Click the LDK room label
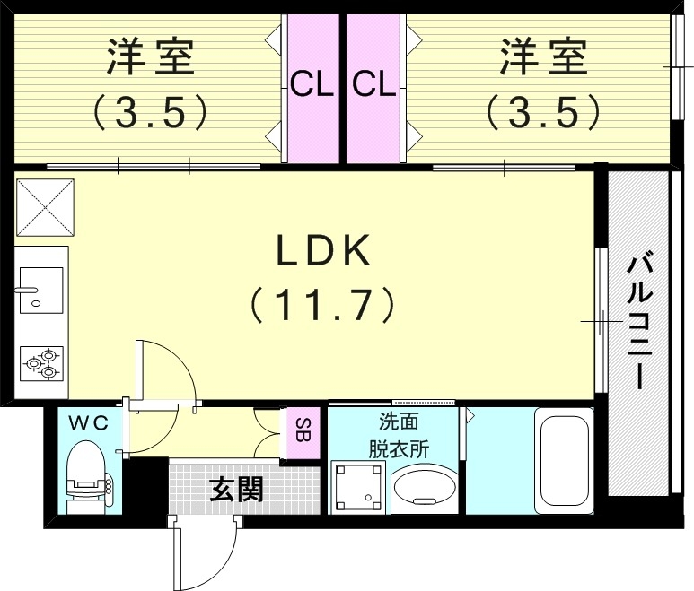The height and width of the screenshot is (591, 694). click(322, 254)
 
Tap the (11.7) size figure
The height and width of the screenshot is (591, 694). click(322, 306)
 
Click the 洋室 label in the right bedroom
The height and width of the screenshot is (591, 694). click(543, 59)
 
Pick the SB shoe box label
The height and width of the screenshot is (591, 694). click(303, 432)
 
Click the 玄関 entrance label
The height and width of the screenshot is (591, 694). click(236, 489)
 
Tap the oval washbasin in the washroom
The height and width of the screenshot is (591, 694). click(425, 490)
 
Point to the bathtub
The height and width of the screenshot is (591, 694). click(564, 459)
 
